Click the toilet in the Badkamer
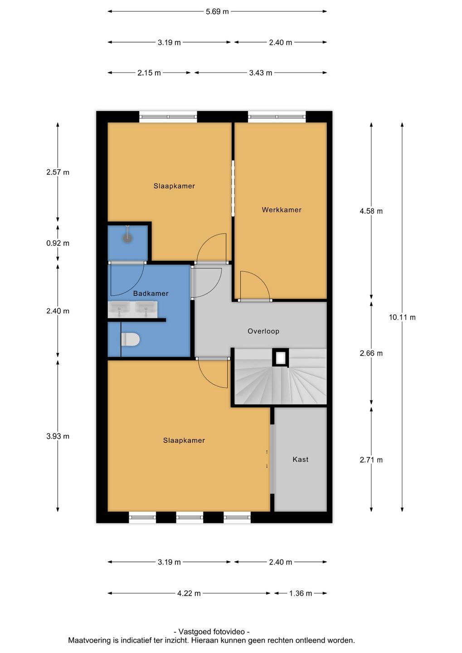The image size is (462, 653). (130, 340)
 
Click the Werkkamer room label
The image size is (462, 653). (281, 210)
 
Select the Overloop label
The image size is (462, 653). (263, 331)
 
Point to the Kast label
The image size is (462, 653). (300, 459)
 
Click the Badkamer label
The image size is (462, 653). (151, 293)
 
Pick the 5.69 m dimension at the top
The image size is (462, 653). (217, 12)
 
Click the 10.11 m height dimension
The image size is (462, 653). (402, 317)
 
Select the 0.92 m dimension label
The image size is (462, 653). (58, 243)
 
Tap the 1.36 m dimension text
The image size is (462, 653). (300, 593)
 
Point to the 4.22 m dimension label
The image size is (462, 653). (189, 593)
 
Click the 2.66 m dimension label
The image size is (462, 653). (371, 353)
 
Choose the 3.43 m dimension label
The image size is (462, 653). (260, 73)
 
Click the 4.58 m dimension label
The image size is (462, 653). (371, 211)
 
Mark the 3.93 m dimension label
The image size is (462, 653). (58, 436)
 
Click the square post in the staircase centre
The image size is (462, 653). (280, 357)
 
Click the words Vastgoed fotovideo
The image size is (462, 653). (211, 631)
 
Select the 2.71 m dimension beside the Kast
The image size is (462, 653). (371, 460)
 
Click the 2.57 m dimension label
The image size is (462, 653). (58, 172)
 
